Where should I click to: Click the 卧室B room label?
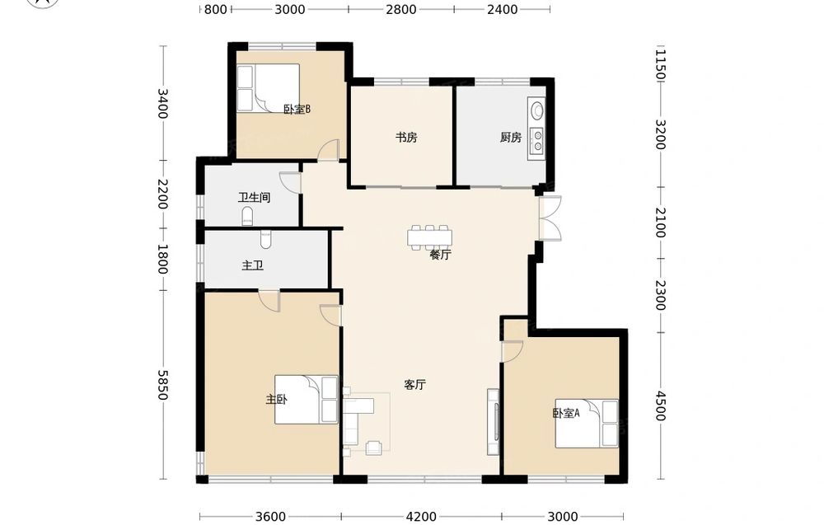pos(297,110)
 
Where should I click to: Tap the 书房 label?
pos(406,138)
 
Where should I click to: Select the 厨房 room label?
pos(511,138)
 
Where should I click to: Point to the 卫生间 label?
pos(254,198)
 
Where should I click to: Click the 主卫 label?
pos(252,265)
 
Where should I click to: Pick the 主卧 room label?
pos(276,400)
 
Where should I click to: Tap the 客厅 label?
pos(414,385)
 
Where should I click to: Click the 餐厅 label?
pos(440,255)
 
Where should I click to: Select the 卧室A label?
pos(566,413)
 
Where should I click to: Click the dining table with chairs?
pos(429,237)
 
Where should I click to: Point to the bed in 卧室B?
pos(268,87)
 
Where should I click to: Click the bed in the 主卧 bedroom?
pos(307,400)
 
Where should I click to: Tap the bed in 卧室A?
pos(587,424)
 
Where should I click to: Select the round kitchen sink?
pos(537,110)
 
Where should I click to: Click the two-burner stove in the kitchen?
pos(537,140)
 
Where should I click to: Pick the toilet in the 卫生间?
pos(247,217)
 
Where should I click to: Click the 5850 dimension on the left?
pos(163,385)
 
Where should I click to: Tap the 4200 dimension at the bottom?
pos(421,517)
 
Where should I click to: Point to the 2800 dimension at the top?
pos(401,9)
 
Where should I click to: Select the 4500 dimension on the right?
pos(661,406)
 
